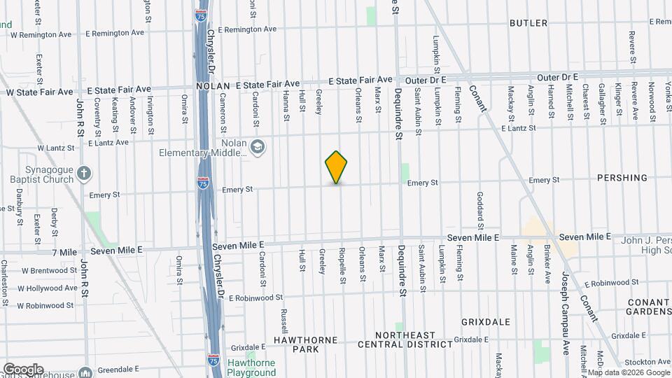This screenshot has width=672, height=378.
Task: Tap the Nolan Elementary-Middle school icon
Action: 258,147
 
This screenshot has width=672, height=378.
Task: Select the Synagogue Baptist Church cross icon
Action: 83,173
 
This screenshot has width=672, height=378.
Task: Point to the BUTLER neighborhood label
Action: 528,23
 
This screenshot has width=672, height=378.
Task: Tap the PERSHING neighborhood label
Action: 622,178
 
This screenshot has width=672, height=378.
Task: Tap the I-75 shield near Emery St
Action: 203,183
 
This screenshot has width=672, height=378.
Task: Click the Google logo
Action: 22,370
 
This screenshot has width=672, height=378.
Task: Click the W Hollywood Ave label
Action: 46,288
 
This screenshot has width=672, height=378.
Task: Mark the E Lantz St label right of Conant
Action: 518,128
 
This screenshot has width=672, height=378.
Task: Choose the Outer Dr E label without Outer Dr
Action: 557,76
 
